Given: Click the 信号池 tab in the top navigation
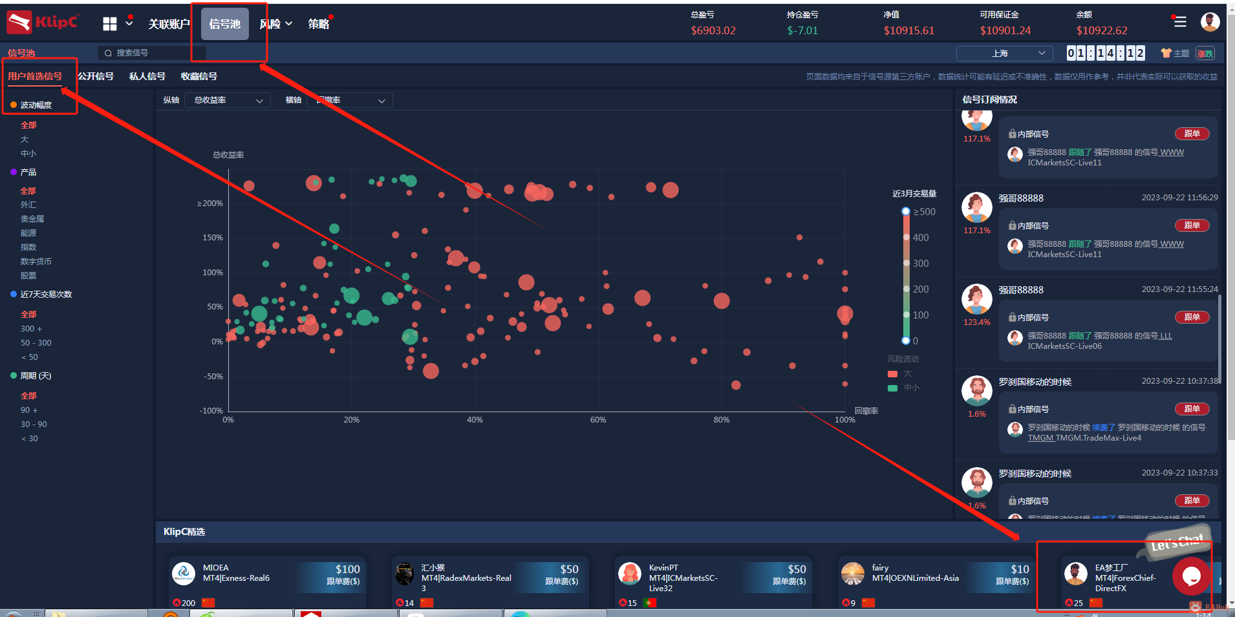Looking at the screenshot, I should point(224,24).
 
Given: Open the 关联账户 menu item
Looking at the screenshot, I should point(169,24).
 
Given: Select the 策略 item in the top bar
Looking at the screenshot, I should point(318,24).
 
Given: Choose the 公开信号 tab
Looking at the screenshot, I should point(96,76).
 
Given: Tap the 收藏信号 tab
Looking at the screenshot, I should point(199,76).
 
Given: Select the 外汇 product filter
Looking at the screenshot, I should point(28,205).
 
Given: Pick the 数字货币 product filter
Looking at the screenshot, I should point(36,262).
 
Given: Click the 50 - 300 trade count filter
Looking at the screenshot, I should point(36,343).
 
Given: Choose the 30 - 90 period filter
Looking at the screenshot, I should point(34,424).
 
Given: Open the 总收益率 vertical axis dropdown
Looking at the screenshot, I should point(228,100).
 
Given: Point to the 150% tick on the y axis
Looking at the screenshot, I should point(212,238).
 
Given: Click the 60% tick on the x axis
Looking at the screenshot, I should point(598,420).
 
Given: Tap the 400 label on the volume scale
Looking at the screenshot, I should point(920,238).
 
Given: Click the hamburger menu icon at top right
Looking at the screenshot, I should point(1180,22).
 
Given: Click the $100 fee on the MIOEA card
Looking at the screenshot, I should point(347,569).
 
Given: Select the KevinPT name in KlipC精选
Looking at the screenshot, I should point(663,568).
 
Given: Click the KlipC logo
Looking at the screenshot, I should point(43,23).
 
